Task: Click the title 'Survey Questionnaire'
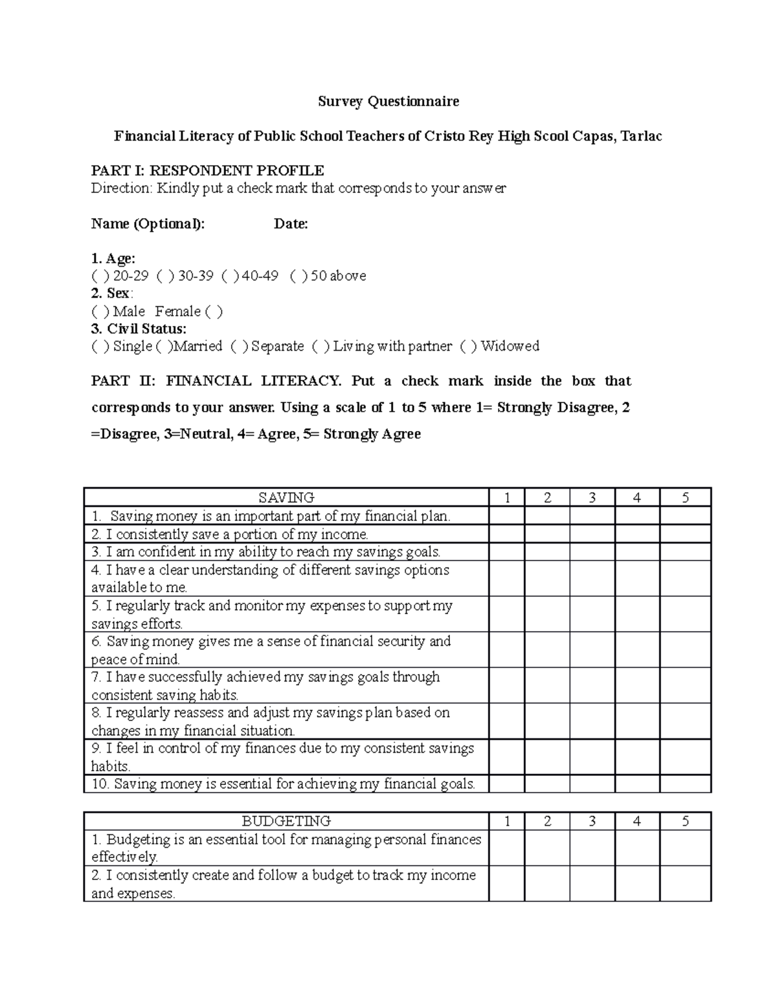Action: tap(388, 102)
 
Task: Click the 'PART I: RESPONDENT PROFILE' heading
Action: tap(207, 171)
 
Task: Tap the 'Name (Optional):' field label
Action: tap(148, 224)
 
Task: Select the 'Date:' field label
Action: tap(291, 224)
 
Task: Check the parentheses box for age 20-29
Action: tap(100, 276)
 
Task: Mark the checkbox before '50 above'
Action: tap(299, 276)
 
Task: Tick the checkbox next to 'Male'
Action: tap(100, 311)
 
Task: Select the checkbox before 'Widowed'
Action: tap(469, 346)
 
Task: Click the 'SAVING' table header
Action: tap(286, 498)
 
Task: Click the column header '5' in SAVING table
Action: tap(685, 498)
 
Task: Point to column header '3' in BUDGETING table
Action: tap(592, 821)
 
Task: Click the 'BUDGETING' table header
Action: tap(286, 821)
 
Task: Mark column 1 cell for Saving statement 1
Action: tap(506, 516)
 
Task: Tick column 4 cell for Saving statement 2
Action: tap(636, 534)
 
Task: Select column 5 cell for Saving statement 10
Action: tap(685, 784)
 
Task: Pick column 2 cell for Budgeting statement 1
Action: tap(547, 848)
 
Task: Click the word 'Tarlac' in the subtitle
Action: tap(641, 137)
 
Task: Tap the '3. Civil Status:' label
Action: tap(139, 329)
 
